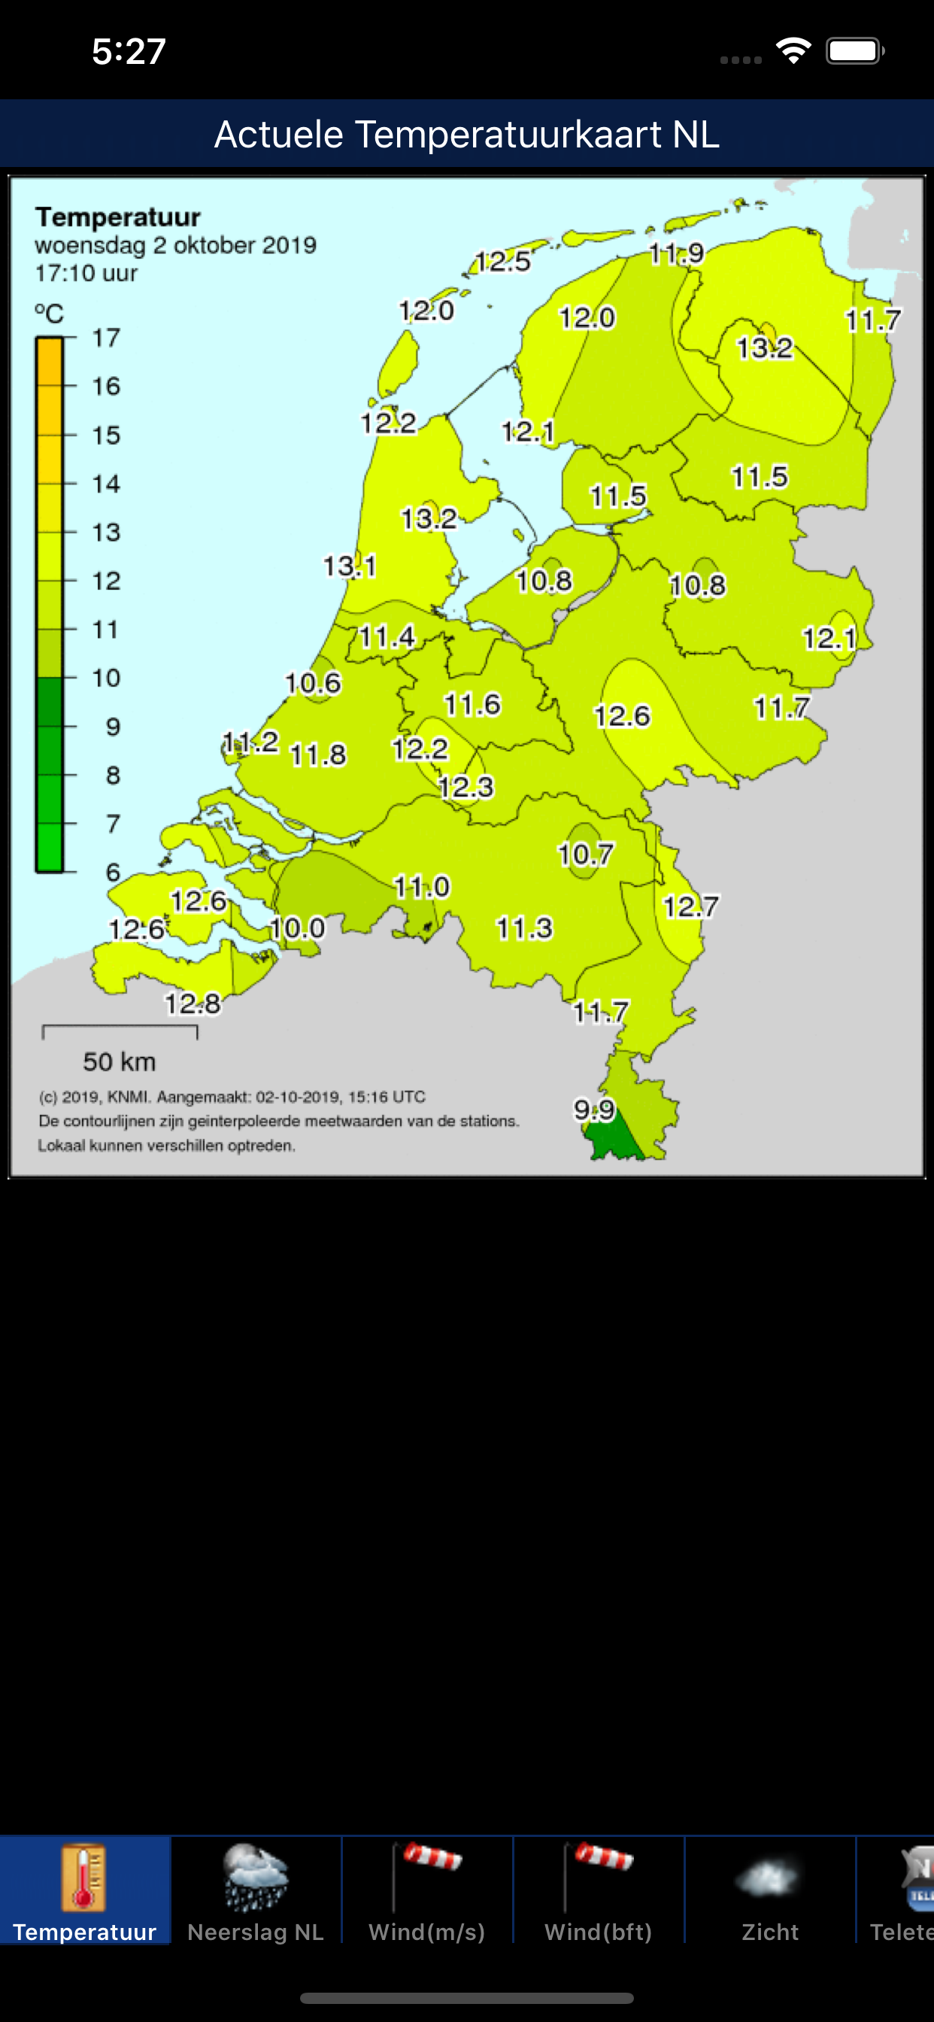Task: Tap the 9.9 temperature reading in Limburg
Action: (594, 1110)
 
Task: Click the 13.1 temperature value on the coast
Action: (350, 566)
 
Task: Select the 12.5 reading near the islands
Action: (503, 260)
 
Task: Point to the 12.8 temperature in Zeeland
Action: (193, 1003)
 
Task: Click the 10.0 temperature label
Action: (298, 928)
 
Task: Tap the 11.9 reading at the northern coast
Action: (677, 254)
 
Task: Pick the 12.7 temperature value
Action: (690, 906)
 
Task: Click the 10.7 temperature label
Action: (586, 854)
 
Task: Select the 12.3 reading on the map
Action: (466, 787)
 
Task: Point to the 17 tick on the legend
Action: (106, 339)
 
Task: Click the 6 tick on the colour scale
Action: (113, 872)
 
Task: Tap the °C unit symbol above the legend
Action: (49, 314)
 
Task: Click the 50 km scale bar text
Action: (120, 1062)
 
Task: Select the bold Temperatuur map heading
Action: (118, 217)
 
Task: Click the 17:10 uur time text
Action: (86, 274)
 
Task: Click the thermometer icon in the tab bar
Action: (84, 1878)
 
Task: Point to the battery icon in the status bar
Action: (854, 52)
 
